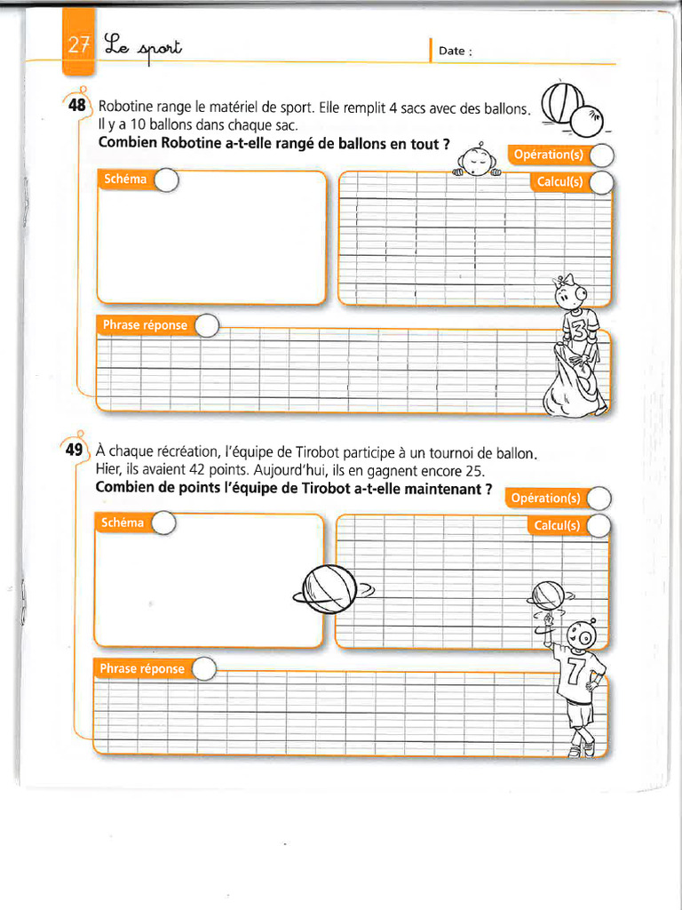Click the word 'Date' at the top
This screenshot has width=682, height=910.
coord(452,52)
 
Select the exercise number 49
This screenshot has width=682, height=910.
coord(74,450)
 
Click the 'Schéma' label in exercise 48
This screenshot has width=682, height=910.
coord(123,180)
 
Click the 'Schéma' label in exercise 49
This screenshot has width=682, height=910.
coord(122,523)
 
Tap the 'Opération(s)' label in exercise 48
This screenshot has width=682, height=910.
coord(548,155)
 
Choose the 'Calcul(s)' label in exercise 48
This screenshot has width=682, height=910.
coord(559,182)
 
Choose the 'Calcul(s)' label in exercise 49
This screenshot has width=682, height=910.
coord(557,525)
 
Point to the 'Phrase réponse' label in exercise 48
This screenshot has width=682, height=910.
coord(145,325)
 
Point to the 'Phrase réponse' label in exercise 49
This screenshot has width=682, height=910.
coord(142,668)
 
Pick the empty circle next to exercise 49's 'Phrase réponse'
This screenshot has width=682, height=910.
coord(203,669)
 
